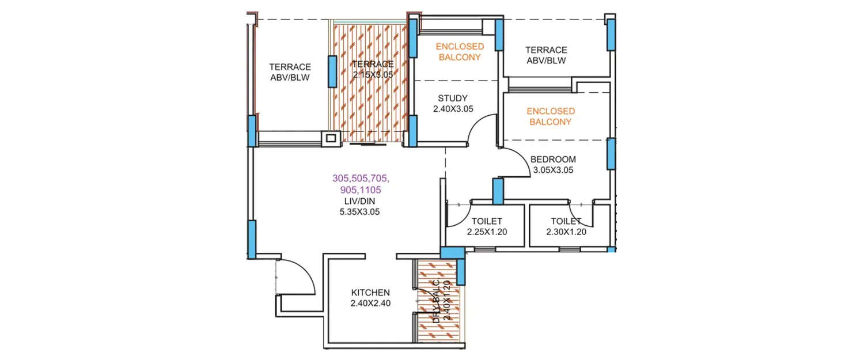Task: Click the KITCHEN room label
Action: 370,293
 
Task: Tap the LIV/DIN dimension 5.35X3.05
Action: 359,212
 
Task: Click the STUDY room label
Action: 452,98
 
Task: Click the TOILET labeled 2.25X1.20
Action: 487,221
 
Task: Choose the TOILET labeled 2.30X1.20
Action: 566,221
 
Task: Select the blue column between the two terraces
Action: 332,71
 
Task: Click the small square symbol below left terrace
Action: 331,138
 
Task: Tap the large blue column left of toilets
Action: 451,252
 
